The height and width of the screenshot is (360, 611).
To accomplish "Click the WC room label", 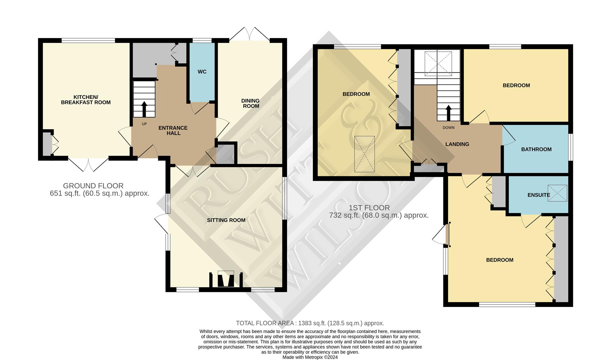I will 202,72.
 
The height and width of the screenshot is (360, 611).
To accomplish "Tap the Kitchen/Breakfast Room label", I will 86,100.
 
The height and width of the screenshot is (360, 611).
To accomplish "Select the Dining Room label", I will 251,103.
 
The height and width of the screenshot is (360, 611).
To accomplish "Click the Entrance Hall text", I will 173,130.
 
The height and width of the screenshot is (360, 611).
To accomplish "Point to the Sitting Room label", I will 226,220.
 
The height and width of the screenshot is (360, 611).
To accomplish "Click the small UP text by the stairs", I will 144,124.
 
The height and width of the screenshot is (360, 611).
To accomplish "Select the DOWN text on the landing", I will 448,128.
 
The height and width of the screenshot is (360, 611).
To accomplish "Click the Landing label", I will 457,144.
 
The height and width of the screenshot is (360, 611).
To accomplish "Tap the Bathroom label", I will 536,149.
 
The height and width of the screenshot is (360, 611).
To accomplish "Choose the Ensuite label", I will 538,195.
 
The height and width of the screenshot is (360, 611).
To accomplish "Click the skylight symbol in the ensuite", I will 557,193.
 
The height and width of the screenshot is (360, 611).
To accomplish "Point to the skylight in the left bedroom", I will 364,154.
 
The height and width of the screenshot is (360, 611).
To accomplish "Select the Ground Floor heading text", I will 93,186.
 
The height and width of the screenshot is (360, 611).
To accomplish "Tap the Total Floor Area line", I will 310,323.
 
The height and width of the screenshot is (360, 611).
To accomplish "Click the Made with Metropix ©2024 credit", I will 310,357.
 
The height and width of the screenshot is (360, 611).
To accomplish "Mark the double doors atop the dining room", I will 250,34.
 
